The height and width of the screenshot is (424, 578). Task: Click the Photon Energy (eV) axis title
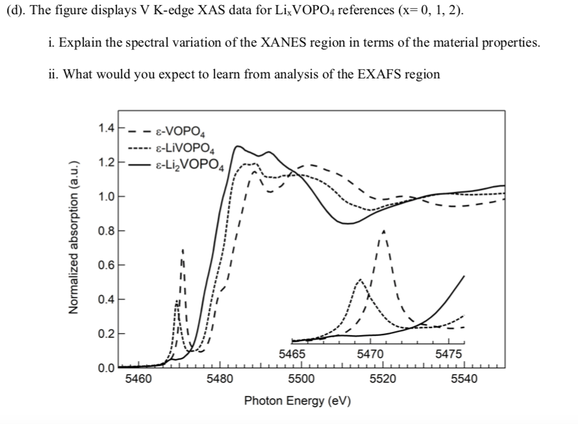click(x=297, y=400)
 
